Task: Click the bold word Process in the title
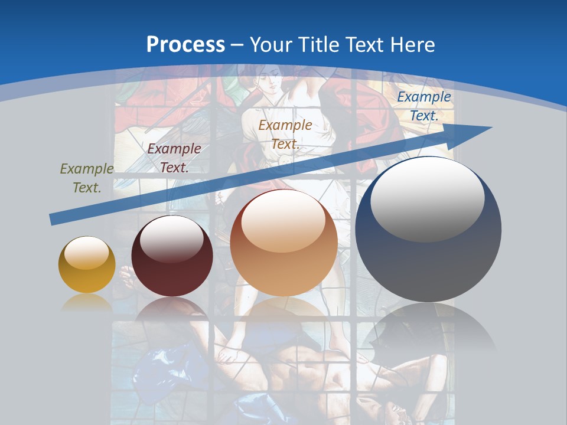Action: (185, 45)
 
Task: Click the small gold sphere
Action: (87, 264)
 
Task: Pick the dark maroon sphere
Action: (172, 256)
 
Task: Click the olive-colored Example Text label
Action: (87, 178)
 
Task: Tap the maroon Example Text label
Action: (174, 158)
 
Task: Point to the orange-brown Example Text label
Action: (285, 134)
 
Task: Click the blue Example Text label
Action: (424, 106)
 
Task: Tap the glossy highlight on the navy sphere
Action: (428, 198)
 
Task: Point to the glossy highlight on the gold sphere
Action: (86, 253)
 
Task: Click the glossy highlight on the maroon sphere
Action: (171, 237)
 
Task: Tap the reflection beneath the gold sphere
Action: (87, 303)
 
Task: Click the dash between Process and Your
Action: (237, 45)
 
